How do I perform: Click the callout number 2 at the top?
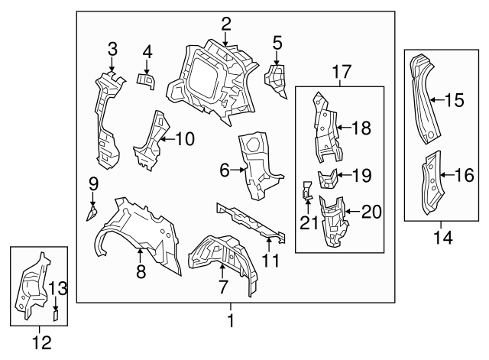pyautogui.click(x=226, y=24)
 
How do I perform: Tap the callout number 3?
pyautogui.click(x=112, y=50)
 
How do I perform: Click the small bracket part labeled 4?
pyautogui.click(x=145, y=79)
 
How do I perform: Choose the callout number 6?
pyautogui.click(x=225, y=171)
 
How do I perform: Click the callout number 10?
pyautogui.click(x=185, y=139)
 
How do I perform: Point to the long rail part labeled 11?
pyautogui.click(x=248, y=222)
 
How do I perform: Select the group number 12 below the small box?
pyautogui.click(x=43, y=343)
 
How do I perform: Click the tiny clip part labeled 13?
pyautogui.click(x=56, y=313)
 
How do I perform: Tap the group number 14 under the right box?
pyautogui.click(x=442, y=238)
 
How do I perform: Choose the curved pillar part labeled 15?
pyautogui.click(x=423, y=99)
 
